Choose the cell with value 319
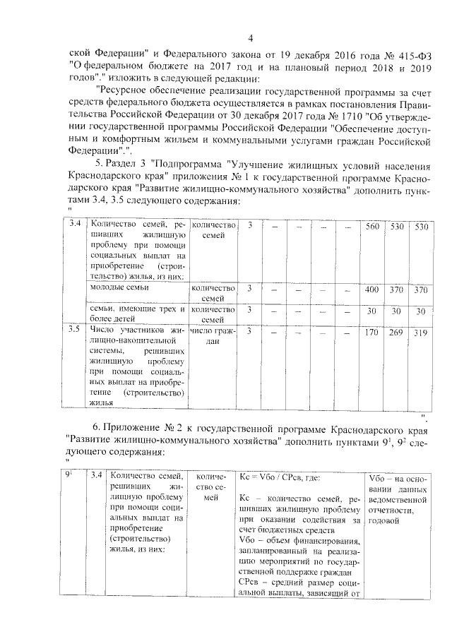point(421,332)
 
